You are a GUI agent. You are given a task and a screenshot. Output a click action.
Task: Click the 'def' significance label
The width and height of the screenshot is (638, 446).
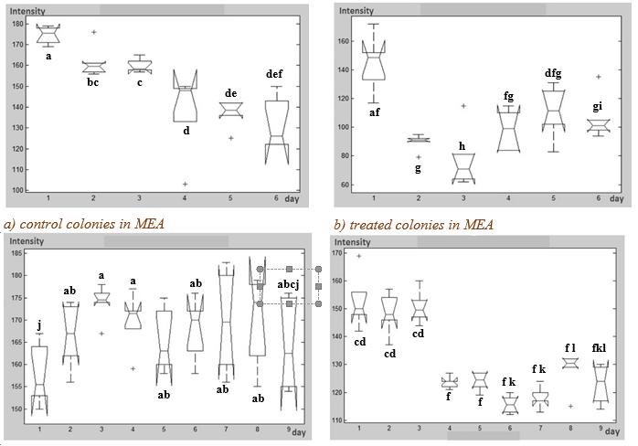pyautogui.click(x=274, y=74)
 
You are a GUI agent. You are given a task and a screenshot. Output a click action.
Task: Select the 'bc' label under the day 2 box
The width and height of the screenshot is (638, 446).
pyautogui.click(x=92, y=82)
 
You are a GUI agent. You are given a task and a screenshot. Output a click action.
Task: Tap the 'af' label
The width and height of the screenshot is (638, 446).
pyautogui.click(x=375, y=112)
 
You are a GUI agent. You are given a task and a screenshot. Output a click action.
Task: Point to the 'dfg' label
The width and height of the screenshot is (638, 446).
pyautogui.click(x=553, y=73)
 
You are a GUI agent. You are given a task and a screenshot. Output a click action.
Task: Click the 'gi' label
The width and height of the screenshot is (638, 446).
pyautogui.click(x=597, y=107)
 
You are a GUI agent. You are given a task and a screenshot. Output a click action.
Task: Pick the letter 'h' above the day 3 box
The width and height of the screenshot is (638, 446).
pyautogui.click(x=462, y=146)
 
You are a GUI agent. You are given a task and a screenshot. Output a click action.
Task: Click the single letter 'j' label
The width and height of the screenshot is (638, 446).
pyautogui.click(x=39, y=325)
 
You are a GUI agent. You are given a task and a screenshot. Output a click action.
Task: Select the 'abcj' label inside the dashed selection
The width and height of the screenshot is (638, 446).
pyautogui.click(x=289, y=284)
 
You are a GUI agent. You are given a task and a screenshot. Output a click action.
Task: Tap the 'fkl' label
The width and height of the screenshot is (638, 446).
pyautogui.click(x=599, y=348)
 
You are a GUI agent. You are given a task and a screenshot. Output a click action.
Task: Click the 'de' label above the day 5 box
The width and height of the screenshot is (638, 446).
pyautogui.click(x=230, y=93)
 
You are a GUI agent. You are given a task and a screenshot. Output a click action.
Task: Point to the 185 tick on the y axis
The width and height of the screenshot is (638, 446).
pyautogui.click(x=17, y=253)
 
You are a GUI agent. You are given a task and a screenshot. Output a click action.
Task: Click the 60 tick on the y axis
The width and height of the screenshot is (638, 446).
pyautogui.click(x=344, y=185)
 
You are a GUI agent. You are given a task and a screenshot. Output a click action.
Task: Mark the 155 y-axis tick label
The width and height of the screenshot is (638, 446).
pyautogui.click(x=17, y=387)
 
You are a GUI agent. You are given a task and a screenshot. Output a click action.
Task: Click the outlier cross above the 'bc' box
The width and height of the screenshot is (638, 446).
pyautogui.click(x=93, y=32)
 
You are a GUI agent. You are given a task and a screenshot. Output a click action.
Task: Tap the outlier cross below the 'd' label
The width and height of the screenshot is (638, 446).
pyautogui.click(x=185, y=184)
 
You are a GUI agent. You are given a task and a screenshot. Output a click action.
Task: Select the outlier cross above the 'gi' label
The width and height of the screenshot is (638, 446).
pyautogui.click(x=598, y=77)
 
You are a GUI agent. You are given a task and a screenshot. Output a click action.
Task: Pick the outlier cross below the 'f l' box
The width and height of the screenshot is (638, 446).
pyautogui.click(x=570, y=406)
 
